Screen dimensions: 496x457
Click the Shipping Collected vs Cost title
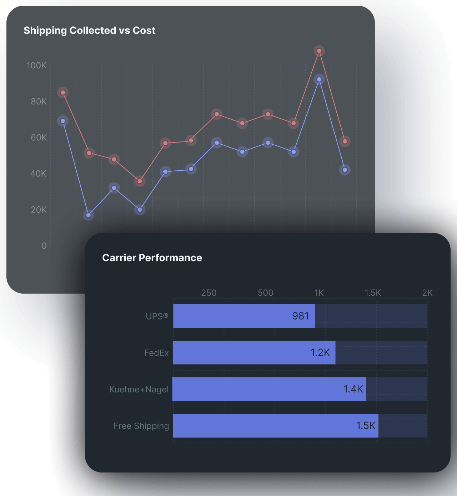tap(89, 31)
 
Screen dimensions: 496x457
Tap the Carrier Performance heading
tap(152, 258)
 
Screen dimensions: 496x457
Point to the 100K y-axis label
tap(36, 66)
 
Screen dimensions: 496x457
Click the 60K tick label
tap(39, 138)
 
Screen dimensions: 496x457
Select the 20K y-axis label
tap(39, 210)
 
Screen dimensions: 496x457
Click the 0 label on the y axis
tap(44, 246)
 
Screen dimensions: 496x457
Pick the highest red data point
tap(319, 51)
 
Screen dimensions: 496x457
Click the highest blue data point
tap(319, 79)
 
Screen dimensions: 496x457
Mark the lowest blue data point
tap(89, 215)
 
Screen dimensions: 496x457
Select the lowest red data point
tap(140, 181)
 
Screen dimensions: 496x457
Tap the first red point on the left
tap(63, 93)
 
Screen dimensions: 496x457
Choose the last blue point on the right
tap(345, 170)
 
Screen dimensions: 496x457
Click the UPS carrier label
tap(157, 316)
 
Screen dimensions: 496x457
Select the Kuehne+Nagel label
tap(139, 389)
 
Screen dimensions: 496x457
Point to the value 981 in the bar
tap(300, 316)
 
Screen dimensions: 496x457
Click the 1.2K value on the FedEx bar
tap(320, 353)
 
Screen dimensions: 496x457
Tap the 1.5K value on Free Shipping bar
tap(366, 426)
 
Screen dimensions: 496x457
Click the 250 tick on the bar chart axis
tap(209, 293)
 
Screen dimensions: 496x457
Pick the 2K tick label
tap(427, 293)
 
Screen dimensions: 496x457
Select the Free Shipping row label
tap(141, 426)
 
